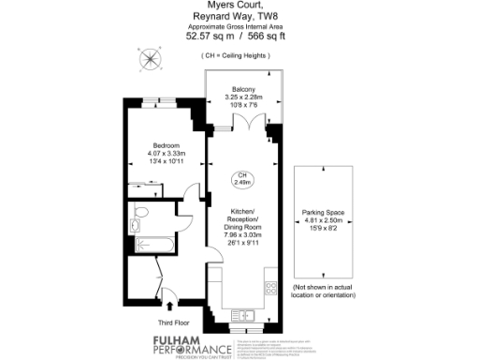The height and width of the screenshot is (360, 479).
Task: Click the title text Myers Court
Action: pos(239,7)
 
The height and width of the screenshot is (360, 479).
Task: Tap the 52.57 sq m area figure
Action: pos(208,37)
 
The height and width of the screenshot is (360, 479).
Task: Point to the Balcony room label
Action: pos(243,89)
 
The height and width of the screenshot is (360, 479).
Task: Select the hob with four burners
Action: pos(271,286)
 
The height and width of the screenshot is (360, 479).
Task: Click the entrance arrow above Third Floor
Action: pos(168,304)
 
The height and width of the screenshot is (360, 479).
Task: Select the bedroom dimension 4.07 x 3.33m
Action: pos(167,153)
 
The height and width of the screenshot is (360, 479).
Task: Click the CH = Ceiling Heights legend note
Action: pos(239,56)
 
